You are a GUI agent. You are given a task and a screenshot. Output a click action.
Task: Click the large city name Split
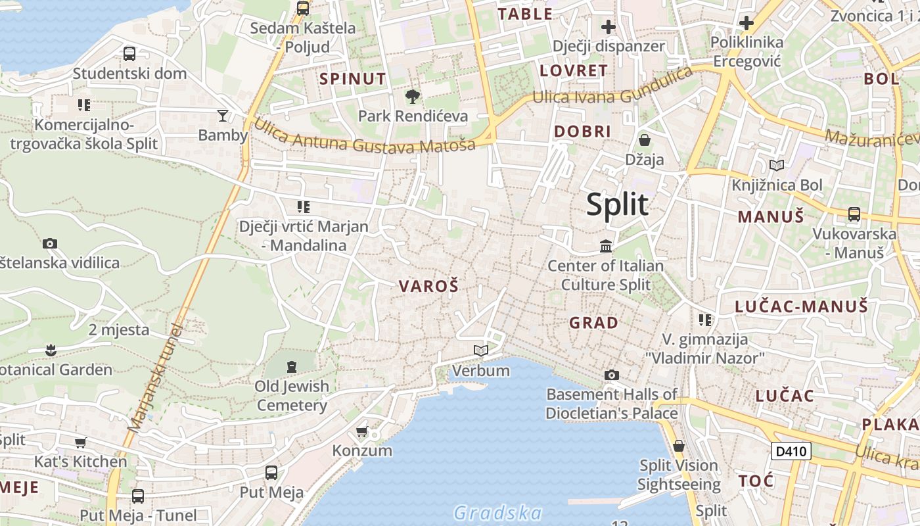point(617,204)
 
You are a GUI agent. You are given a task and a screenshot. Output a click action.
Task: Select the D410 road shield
point(791,451)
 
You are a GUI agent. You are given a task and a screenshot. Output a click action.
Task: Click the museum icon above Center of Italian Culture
point(606,247)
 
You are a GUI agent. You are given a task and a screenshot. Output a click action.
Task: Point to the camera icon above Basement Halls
point(612,375)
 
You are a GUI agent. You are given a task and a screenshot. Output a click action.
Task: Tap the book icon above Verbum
point(481,351)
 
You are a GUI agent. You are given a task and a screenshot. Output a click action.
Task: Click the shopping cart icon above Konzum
point(361,431)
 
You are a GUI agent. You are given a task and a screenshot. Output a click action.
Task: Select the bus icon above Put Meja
point(271,472)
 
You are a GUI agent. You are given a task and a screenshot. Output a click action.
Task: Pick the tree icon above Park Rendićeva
point(413,97)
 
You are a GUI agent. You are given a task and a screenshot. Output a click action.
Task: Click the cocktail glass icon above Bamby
point(223,116)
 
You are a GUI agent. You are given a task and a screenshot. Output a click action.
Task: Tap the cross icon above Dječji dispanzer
point(609,27)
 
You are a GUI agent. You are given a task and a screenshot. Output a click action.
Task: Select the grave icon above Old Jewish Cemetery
point(292,366)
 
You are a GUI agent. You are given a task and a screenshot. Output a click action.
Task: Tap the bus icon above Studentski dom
point(129,53)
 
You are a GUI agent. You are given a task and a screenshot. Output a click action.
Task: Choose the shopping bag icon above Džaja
point(645,140)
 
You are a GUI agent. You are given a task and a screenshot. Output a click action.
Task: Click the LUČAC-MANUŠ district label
point(801,306)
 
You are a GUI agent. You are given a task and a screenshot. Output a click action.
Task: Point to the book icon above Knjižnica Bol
point(777,165)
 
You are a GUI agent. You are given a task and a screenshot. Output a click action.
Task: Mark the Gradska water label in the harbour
point(498,513)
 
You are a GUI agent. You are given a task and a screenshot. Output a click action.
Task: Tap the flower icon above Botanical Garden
point(51,350)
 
